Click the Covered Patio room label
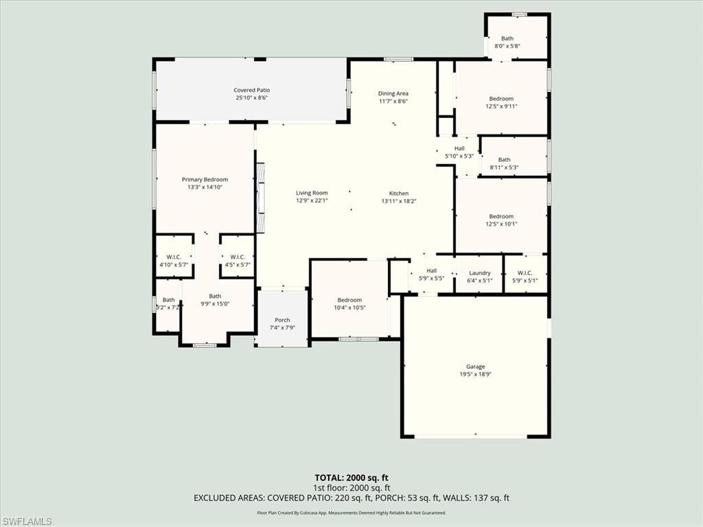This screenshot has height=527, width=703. coord(252,91)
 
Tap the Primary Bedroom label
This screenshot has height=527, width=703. coord(205,180)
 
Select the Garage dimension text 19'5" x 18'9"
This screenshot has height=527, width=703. coord(476,375)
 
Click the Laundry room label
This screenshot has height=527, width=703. coord(479,273)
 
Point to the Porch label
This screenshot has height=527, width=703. coord(282,320)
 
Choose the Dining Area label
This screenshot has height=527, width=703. coord(393,93)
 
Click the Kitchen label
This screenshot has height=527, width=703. coord(399,194)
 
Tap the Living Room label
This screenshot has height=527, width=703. coord(312,194)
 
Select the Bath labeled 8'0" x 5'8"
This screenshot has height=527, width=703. coord(507,39)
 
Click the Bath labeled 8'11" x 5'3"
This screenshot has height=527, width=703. coord(505,160)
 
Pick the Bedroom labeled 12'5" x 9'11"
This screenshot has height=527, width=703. coord(501,99)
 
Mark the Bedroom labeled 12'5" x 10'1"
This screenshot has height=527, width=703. coord(501,217)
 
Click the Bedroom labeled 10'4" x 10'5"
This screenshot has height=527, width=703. coord(349,300)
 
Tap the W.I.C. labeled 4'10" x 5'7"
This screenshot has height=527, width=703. coord(173,257)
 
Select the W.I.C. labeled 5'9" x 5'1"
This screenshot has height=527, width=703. coord(526,273)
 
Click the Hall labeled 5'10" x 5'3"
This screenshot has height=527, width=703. coord(459,148)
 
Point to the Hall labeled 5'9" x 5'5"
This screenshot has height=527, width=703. coord(431,271)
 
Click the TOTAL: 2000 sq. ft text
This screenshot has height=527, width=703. coord(351,478)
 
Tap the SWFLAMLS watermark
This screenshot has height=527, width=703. coord(27,522)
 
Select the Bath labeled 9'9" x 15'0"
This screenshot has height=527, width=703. coord(216,296)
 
